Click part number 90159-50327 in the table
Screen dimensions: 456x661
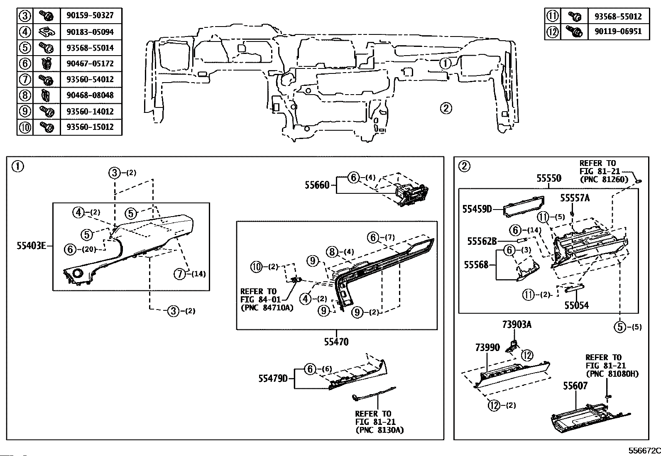coord(90,16)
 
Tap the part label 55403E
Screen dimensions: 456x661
coord(31,246)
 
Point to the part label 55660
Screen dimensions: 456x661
coord(317,185)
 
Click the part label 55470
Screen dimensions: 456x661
coord(336,342)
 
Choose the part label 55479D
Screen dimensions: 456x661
coord(273,378)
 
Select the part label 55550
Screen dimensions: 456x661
coord(548,178)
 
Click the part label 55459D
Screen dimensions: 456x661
coord(477,209)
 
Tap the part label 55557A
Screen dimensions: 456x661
coord(574,198)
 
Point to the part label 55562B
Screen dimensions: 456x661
coord(482,241)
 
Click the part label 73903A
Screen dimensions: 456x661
coord(517,324)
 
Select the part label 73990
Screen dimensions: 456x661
coord(487,347)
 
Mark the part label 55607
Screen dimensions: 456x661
coord(575,386)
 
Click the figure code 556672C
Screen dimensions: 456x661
coord(644,451)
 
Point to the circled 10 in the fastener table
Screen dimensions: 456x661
coord(25,127)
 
